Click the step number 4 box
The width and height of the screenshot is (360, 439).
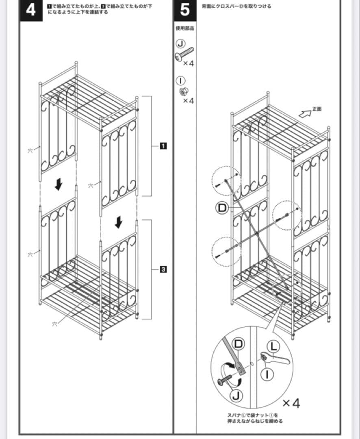[31, 9]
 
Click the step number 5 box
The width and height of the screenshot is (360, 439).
[184, 9]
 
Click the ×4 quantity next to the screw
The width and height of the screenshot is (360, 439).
[189, 64]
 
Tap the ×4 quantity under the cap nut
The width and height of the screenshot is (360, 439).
[189, 101]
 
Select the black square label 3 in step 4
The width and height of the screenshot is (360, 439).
[162, 269]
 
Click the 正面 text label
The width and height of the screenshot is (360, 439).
[317, 109]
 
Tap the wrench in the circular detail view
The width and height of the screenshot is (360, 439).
[275, 359]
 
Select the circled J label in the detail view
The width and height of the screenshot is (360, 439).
[237, 395]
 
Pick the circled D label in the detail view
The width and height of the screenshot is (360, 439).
[238, 343]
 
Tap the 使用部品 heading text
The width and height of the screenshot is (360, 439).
[185, 28]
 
